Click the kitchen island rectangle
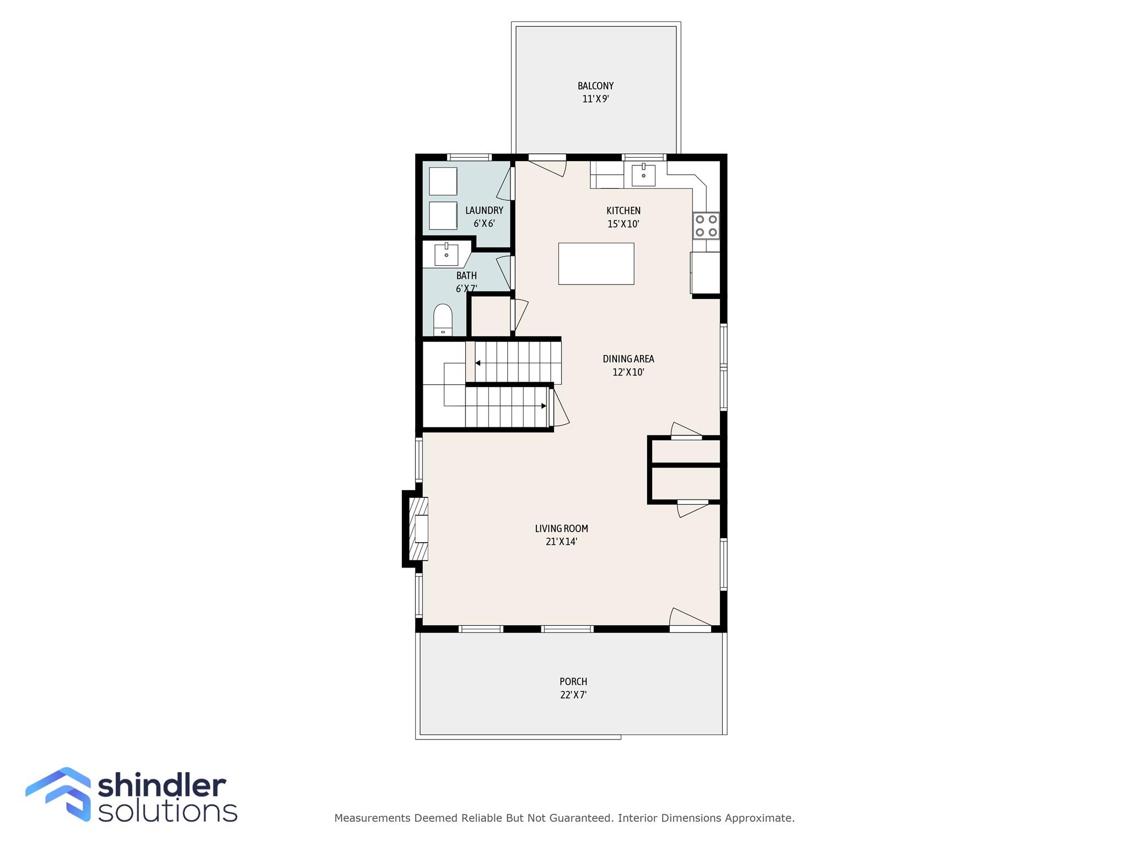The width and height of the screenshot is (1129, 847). pos(596,264)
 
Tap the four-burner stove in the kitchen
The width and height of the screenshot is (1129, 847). pos(706,226)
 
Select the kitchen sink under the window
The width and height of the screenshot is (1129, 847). pos(643,175)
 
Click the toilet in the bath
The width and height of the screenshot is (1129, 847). pos(443,320)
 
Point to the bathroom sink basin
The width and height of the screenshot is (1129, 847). pos(446,255)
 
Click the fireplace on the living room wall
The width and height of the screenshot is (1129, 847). pos(416,529)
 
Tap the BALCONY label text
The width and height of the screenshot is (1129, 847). pos(595,86)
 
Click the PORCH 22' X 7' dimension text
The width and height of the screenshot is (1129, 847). pos(573,695)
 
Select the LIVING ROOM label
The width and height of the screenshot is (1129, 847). pos(561,528)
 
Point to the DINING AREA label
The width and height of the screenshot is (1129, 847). pos(628,359)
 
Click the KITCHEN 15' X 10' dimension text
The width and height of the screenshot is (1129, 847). pos(623,224)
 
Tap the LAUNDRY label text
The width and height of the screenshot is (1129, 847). pos(484,210)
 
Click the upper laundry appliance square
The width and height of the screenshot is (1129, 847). pos(443,181)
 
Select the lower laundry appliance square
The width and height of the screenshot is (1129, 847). pos(443,216)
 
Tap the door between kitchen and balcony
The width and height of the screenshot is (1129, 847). pos(547,165)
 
